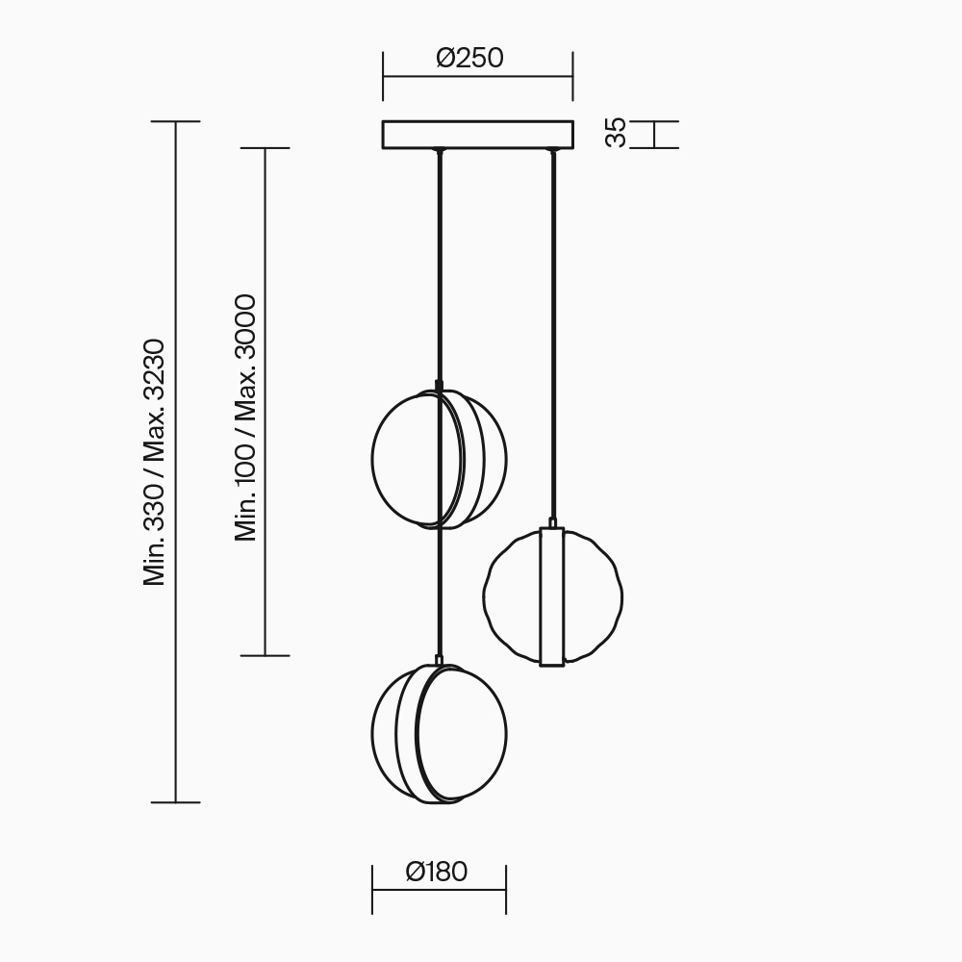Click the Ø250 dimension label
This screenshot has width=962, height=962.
pos(470,58)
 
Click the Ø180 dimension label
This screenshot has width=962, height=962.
pos(437,872)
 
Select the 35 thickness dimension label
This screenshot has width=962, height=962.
pos(616,133)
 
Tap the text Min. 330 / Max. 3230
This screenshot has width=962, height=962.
pos(154,462)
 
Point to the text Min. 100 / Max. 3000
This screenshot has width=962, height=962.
pos(245,418)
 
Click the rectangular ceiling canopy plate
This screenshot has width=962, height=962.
pos(478,135)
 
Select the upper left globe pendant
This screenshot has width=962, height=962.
pos(440,459)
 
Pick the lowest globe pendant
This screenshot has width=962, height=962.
pos(440,734)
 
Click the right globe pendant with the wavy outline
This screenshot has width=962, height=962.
pos(553,597)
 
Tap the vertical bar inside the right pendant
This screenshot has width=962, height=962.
pos(552,597)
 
